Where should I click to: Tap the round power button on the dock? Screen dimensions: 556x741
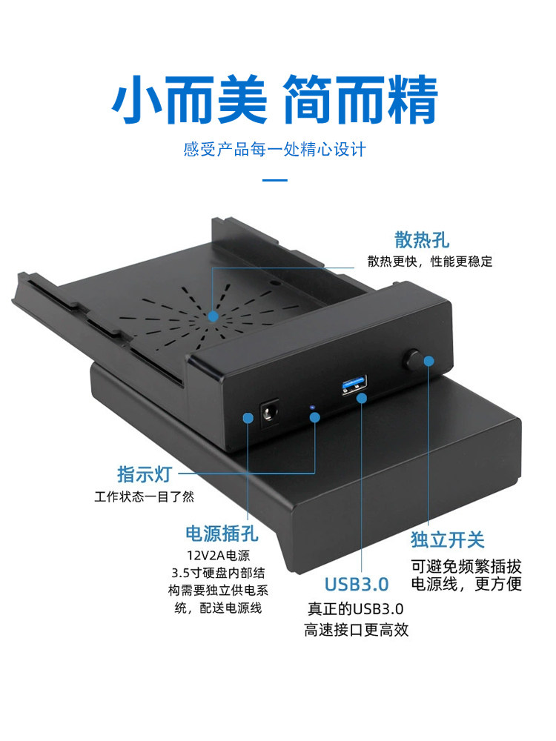click(413, 359)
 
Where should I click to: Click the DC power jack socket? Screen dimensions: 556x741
click(269, 414)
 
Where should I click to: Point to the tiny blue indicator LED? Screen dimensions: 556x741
click(311, 407)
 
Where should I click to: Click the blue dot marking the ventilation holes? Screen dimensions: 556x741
click(214, 316)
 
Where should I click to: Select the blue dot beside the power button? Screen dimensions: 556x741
click(428, 361)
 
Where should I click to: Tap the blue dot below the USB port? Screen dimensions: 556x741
click(362, 399)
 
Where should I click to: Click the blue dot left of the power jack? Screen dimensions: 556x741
click(248, 418)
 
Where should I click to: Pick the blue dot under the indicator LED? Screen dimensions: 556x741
click(315, 417)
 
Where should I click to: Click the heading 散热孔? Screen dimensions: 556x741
click(422, 239)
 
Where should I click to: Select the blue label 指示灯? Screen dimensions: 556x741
click(145, 474)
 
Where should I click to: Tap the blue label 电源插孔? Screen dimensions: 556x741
click(222, 534)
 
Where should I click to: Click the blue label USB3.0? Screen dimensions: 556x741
click(357, 585)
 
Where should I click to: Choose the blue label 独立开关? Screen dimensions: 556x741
click(447, 539)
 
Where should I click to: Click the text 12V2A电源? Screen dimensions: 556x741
click(218, 555)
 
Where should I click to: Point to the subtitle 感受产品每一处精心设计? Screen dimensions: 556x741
click(275, 150)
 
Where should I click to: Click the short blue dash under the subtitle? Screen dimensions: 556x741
click(275, 180)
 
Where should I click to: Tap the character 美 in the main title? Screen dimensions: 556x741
click(242, 100)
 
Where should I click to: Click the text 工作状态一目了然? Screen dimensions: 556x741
click(145, 496)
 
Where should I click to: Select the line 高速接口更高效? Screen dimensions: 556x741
click(356, 630)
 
